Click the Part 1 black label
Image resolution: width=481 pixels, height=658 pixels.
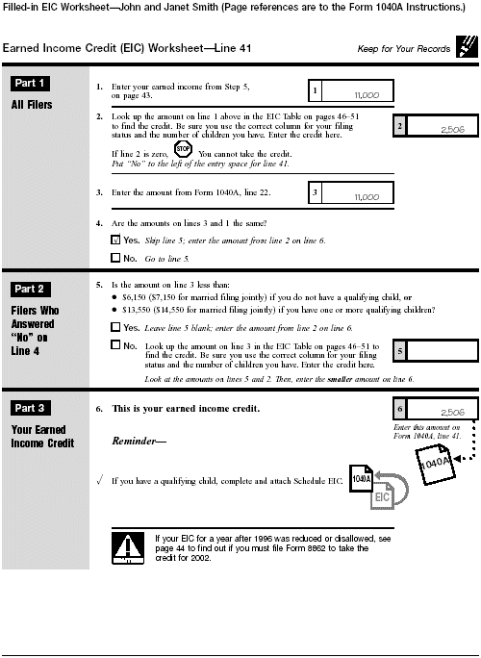click(33, 84)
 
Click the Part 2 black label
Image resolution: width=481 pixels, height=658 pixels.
click(33, 289)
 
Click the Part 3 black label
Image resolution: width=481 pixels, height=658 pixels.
click(33, 409)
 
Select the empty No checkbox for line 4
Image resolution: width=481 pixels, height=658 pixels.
click(116, 259)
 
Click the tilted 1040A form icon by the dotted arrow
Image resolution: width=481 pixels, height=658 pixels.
click(438, 466)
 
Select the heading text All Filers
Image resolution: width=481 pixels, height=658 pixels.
click(32, 105)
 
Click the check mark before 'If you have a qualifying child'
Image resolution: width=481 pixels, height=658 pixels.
click(100, 479)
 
